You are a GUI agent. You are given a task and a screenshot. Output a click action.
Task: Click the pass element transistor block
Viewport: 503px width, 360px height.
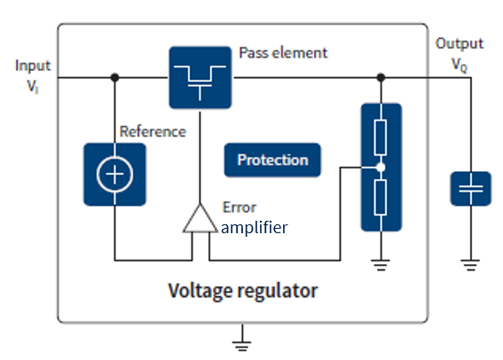[200, 76]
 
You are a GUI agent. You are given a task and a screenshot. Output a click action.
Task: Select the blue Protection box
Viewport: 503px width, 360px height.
[272, 160]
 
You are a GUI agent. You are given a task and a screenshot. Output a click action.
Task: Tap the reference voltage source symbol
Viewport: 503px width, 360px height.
[114, 176]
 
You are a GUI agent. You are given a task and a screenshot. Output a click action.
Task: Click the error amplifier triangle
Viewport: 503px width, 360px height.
[200, 218]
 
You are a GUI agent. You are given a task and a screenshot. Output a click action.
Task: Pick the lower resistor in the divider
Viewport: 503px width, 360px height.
[381, 196]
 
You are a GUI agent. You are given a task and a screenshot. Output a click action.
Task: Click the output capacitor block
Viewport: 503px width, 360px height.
[471, 188]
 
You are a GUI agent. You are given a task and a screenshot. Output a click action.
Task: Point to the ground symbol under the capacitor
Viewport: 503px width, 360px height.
[471, 263]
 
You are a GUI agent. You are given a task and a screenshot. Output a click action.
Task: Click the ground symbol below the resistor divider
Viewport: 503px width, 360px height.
[381, 262]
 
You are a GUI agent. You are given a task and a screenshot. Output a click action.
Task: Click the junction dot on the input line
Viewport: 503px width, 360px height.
[114, 76]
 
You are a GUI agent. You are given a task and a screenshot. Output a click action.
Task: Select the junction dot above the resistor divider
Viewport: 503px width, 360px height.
[381, 76]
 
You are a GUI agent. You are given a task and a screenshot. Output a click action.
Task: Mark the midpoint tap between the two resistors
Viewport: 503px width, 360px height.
[381, 167]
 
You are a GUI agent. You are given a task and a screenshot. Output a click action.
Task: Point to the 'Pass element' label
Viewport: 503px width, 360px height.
[283, 52]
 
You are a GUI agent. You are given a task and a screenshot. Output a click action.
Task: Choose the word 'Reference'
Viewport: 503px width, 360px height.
[153, 131]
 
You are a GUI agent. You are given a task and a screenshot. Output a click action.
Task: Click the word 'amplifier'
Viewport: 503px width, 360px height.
[255, 228]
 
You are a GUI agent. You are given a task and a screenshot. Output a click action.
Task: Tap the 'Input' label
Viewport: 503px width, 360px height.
[33, 66]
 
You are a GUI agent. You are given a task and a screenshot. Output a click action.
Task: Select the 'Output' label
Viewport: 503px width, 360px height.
[460, 44]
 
